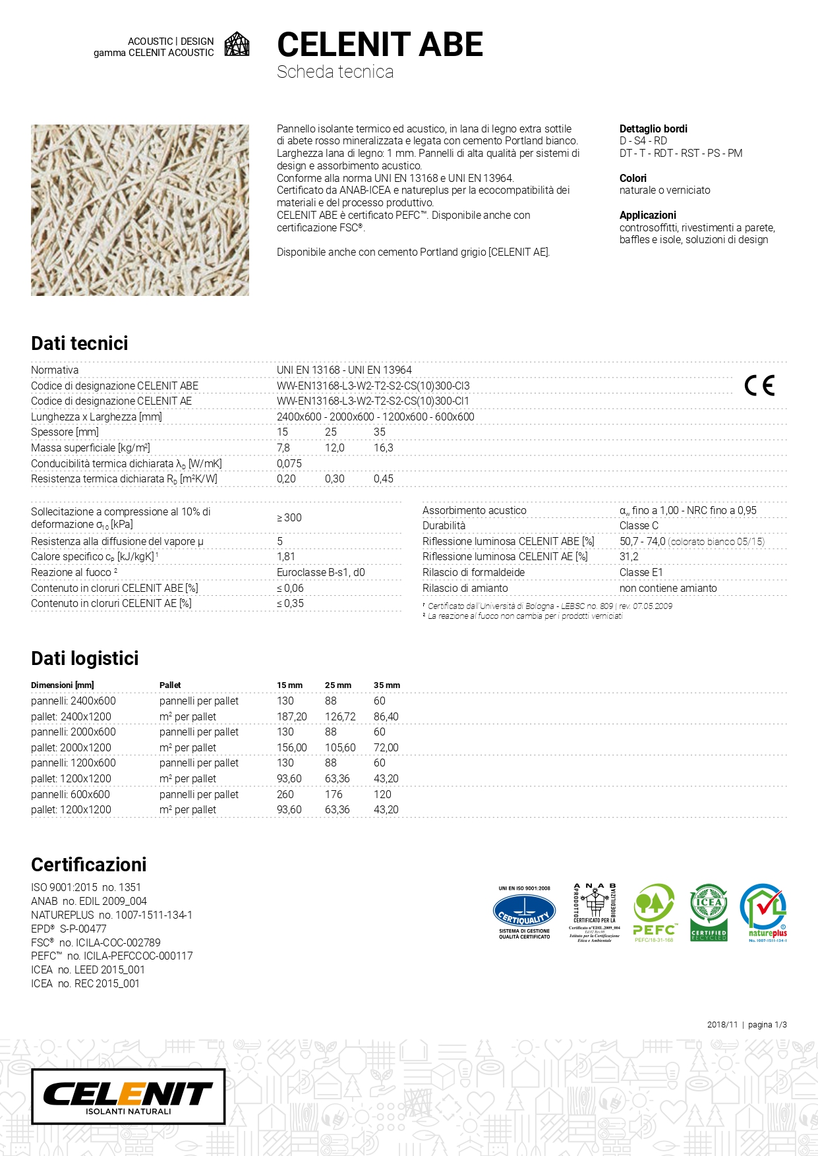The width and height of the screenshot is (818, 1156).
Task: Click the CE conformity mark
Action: click(x=759, y=386)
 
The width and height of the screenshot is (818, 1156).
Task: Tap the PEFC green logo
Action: click(x=654, y=913)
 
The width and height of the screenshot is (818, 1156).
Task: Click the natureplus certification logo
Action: click(x=763, y=912)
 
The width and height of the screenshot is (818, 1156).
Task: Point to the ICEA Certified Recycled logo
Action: click(x=709, y=912)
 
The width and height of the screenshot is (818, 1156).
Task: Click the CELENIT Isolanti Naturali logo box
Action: click(x=129, y=1096)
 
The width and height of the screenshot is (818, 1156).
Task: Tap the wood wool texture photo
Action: click(x=140, y=210)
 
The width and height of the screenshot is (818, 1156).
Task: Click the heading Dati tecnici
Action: click(x=80, y=343)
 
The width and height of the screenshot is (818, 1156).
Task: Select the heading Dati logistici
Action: click(x=85, y=658)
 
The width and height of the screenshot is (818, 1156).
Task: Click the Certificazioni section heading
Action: click(x=89, y=865)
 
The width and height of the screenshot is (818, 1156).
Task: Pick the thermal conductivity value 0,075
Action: click(x=289, y=463)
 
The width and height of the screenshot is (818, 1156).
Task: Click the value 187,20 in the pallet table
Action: click(x=292, y=716)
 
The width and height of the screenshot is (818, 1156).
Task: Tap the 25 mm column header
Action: click(x=338, y=685)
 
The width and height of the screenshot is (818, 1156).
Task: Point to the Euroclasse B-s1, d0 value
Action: click(x=321, y=572)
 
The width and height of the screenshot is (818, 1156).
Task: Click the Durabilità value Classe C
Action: click(x=639, y=525)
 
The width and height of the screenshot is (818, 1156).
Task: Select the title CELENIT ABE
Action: click(x=380, y=45)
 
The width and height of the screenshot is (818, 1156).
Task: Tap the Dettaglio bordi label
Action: click(x=653, y=129)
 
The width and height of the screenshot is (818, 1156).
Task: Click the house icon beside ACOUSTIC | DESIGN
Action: click(x=237, y=44)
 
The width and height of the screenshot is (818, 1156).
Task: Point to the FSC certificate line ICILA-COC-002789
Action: click(x=96, y=942)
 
